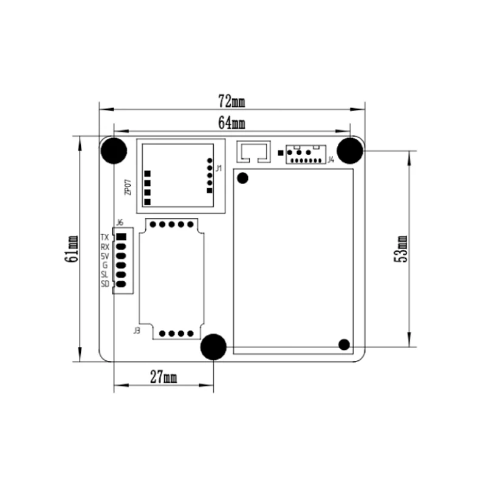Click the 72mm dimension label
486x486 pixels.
(231, 101)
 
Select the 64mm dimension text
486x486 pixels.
(231, 123)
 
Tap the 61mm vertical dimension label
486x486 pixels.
(72, 249)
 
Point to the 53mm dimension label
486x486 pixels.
(401, 249)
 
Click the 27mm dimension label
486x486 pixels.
(163, 377)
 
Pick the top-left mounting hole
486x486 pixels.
(114, 151)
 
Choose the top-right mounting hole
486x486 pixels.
(350, 151)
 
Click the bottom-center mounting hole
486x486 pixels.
(214, 347)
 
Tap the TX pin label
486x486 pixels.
(104, 238)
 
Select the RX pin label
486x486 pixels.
(105, 247)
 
